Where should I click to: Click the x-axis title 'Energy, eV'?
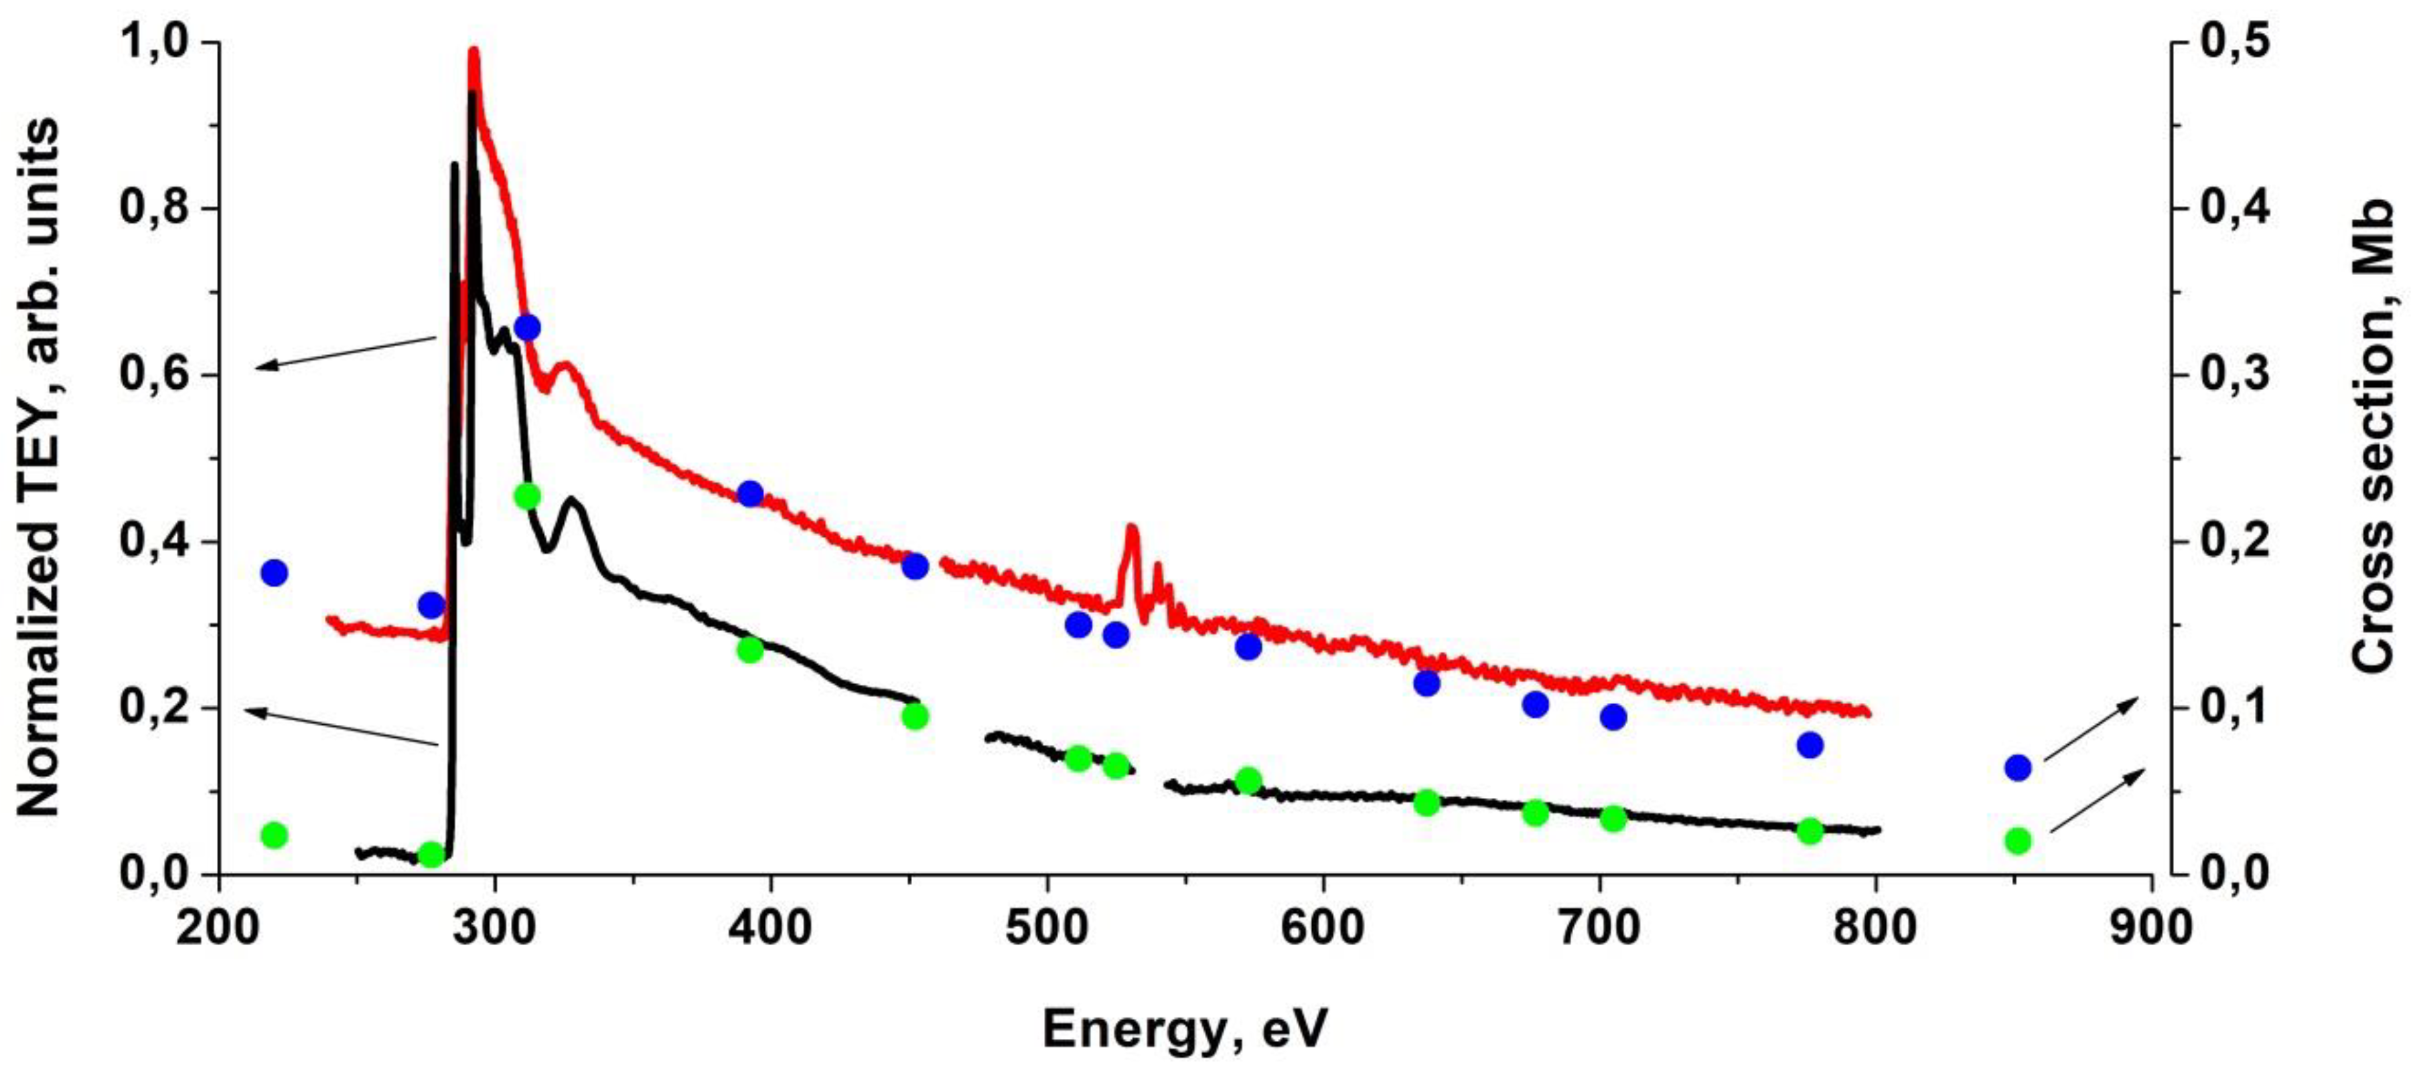(1184, 1030)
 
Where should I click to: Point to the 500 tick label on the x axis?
(1046, 927)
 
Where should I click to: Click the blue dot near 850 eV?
(2017, 767)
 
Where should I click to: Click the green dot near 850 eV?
(2017, 840)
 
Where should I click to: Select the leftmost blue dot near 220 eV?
(273, 573)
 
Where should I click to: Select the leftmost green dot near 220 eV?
(273, 835)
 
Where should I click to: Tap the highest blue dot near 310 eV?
(527, 327)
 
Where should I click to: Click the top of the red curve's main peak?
(473, 54)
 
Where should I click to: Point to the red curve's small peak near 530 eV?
(1133, 529)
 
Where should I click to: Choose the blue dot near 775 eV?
(1810, 745)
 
